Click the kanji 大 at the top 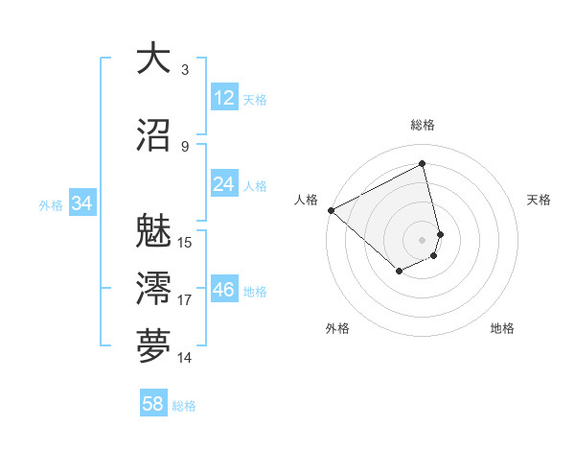[153, 59]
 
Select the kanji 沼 [153, 136]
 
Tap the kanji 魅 [153, 232]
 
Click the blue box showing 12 [224, 98]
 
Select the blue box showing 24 [224, 184]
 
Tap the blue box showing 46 [224, 290]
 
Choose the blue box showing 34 [81, 203]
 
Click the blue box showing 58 [153, 404]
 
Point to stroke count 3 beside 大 [185, 70]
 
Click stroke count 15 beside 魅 [186, 243]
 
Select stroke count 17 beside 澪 [186, 300]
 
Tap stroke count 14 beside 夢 [186, 358]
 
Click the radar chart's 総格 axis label [423, 125]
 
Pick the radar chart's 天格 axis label [540, 200]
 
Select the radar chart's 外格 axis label [337, 328]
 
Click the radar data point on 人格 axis [331, 210]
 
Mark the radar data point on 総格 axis [423, 163]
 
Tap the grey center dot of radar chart [423, 239]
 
